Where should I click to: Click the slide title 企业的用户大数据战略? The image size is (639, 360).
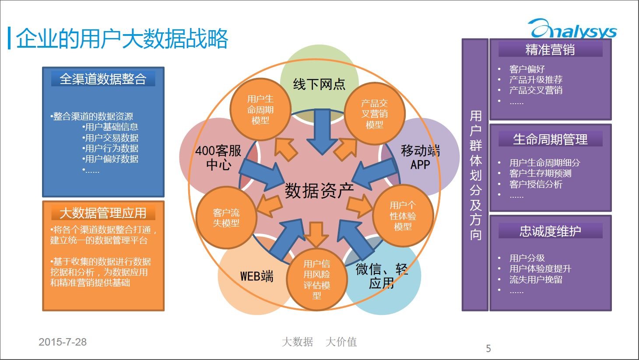pyautogui.click(x=122, y=39)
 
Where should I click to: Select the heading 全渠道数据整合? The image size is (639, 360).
pyautogui.click(x=103, y=79)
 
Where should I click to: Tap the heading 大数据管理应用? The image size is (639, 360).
pyautogui.click(x=103, y=213)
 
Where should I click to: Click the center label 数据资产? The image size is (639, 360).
pyautogui.click(x=319, y=190)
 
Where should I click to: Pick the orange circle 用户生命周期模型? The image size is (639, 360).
pyautogui.click(x=260, y=110)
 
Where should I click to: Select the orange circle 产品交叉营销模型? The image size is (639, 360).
pyautogui.click(x=374, y=114)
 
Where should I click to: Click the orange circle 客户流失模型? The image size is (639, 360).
pyautogui.click(x=226, y=218)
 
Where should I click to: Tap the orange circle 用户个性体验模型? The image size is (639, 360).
pyautogui.click(x=403, y=216)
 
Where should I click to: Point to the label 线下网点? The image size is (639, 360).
pyautogui.click(x=319, y=84)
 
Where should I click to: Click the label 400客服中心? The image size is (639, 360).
pyautogui.click(x=218, y=157)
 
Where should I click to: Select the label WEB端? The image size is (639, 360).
pyautogui.click(x=256, y=276)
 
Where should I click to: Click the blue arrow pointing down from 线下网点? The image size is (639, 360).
pyautogui.click(x=323, y=131)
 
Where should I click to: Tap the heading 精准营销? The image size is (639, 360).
pyautogui.click(x=550, y=50)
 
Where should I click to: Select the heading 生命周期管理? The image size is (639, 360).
pyautogui.click(x=550, y=140)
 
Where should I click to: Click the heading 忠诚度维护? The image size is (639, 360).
pyautogui.click(x=550, y=231)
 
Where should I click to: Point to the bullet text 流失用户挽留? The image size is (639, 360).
pyautogui.click(x=536, y=280)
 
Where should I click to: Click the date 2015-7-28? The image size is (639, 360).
pyautogui.click(x=63, y=342)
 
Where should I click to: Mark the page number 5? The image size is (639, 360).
pyautogui.click(x=488, y=349)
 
